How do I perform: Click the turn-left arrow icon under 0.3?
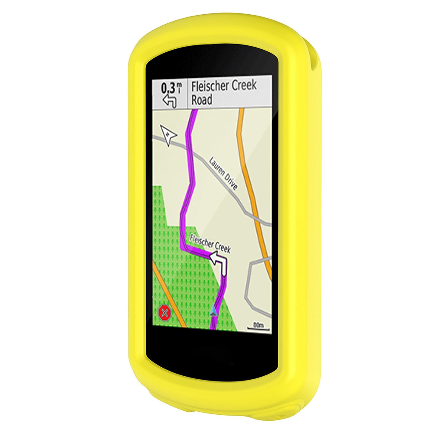[170, 101]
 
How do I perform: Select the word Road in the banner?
[202, 100]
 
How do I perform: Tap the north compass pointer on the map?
[168, 134]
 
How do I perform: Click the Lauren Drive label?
[223, 173]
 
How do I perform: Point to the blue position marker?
[213, 311]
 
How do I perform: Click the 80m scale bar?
[258, 327]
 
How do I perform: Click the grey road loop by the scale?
[255, 285]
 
